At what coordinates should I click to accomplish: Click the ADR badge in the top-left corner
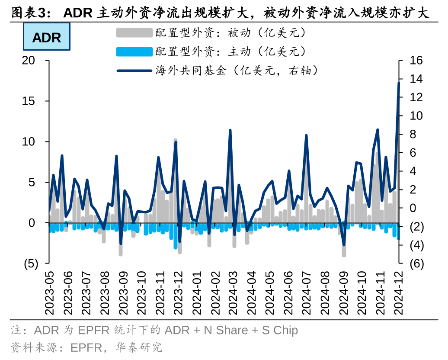click(46, 38)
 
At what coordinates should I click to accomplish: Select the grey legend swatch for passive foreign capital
click(134, 33)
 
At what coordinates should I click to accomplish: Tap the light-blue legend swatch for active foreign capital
click(134, 51)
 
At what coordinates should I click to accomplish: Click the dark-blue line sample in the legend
click(134, 71)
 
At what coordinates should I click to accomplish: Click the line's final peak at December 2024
click(399, 83)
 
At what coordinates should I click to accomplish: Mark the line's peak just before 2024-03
click(230, 130)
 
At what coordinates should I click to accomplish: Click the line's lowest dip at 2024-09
click(344, 245)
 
